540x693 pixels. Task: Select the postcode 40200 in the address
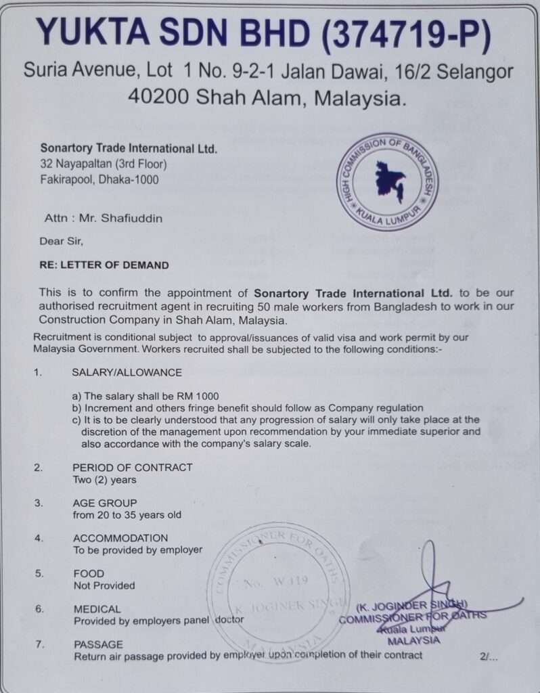[x=158, y=97]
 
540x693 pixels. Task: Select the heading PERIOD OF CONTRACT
[x=132, y=467]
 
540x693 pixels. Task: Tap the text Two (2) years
[x=104, y=480]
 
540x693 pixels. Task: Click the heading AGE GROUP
[x=104, y=503]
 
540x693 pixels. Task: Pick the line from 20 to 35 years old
[x=127, y=515]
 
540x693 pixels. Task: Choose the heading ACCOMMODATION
[x=120, y=538]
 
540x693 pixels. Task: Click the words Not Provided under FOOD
[x=104, y=585]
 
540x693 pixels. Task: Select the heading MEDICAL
[x=97, y=608]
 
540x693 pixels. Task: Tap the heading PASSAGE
[x=98, y=644]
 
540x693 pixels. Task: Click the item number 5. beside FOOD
[x=39, y=573]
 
